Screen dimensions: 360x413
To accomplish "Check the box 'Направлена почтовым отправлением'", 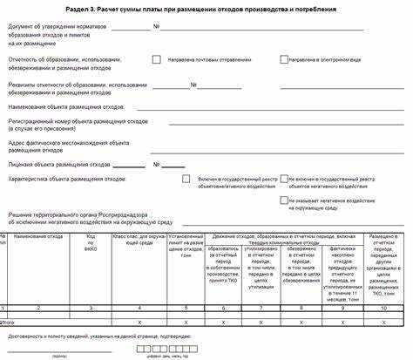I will pos(157,60).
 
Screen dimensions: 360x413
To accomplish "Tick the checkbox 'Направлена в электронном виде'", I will pos(284,60).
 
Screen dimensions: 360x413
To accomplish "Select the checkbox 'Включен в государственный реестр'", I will pos(186,179).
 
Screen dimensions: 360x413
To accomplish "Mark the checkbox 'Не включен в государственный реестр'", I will pos(284,179).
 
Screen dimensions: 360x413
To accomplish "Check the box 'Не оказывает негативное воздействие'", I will pos(284,199).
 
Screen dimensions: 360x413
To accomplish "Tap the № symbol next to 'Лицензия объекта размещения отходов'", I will pos(157,164).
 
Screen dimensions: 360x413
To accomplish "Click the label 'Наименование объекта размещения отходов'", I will pos(66,106).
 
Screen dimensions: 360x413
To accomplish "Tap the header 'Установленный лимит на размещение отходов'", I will pos(185,243).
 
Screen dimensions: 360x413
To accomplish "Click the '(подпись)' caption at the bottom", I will pos(59,356).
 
